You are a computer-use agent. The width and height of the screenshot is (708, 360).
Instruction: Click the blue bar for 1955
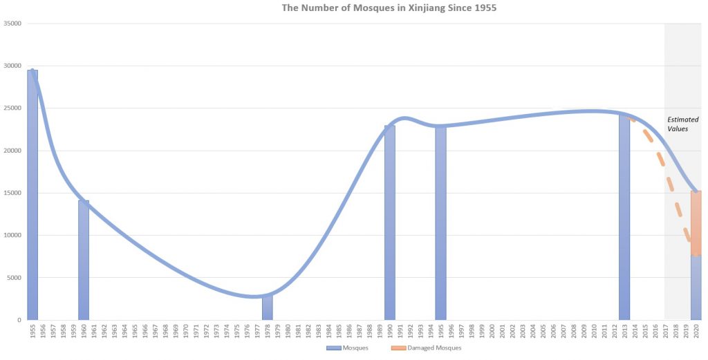coord(32,195)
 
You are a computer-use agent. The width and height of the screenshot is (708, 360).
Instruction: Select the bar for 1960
coord(84,260)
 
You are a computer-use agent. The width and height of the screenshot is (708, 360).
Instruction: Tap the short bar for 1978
coord(268,307)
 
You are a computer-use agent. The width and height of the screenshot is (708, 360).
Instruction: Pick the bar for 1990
coord(390,222)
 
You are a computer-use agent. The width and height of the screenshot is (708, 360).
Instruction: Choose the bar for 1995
coord(440,223)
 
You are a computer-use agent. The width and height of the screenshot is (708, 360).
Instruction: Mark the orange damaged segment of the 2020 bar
coord(696,223)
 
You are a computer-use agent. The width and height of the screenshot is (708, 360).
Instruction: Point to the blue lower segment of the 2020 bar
coord(696,288)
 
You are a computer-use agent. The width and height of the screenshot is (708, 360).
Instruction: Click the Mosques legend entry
coord(348,348)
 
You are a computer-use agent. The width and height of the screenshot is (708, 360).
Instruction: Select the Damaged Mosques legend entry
coord(426,348)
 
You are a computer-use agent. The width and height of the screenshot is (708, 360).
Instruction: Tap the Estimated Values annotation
coord(682,124)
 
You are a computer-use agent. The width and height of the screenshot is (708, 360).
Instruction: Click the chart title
coord(389,8)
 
